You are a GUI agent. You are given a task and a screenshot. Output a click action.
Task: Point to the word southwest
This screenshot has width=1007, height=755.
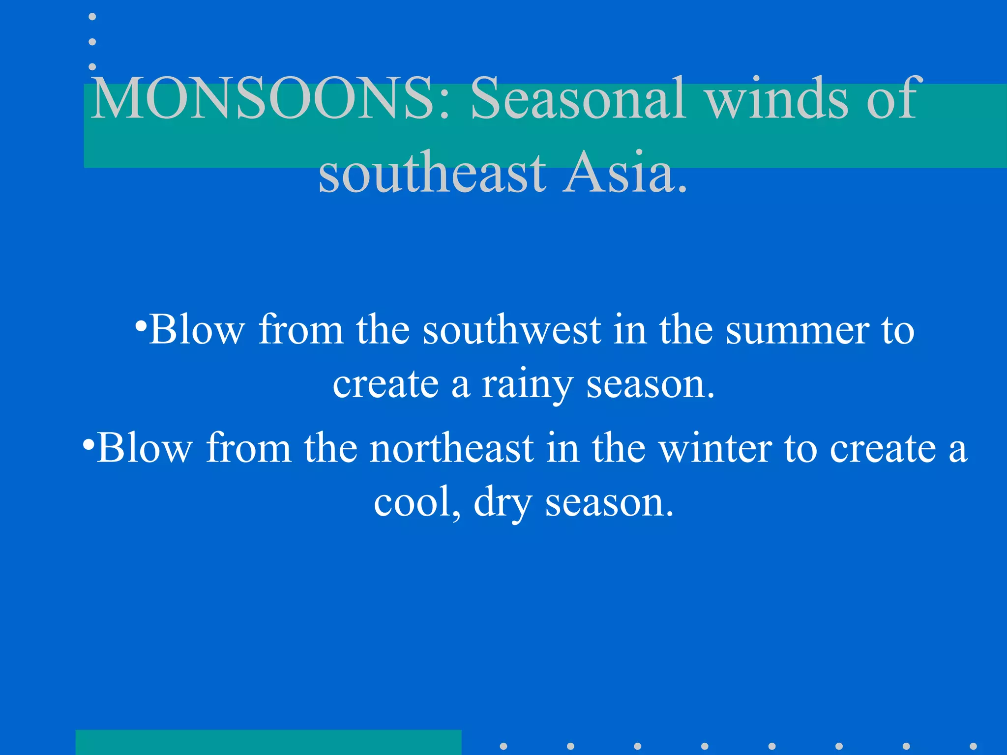[x=511, y=330]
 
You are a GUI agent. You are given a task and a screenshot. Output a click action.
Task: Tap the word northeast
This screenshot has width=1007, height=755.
[x=451, y=448]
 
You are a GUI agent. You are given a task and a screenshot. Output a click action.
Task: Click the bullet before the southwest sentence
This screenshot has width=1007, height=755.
[x=141, y=326]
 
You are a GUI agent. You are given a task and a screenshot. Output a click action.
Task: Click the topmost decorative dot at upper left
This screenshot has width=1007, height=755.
[x=92, y=17]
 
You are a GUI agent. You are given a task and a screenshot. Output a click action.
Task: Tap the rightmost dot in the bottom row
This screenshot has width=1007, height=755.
[x=973, y=746]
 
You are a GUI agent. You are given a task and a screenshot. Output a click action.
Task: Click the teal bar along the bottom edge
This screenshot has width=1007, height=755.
[x=268, y=742]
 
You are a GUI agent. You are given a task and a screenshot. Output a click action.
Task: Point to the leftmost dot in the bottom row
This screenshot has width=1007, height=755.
[x=503, y=746]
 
